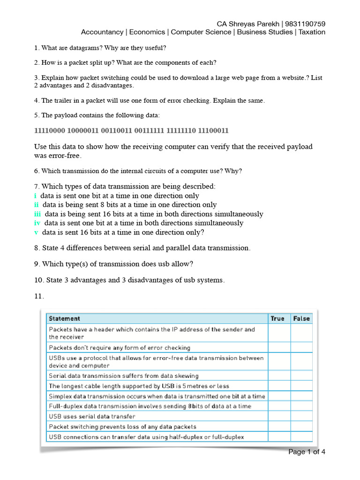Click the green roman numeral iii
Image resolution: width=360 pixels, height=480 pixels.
coord(37,214)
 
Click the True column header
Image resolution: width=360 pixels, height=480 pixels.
coord(277,318)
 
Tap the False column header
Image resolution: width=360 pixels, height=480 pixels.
coord(301,318)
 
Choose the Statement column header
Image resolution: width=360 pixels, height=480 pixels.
coord(64,318)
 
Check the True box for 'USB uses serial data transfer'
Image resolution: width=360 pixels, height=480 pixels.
coord(279,416)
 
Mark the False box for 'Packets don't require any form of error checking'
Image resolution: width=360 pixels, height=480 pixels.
coord(301,348)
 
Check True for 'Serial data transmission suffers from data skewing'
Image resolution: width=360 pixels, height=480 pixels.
coord(279,375)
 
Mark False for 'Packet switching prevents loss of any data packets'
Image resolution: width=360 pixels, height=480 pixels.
coord(301,427)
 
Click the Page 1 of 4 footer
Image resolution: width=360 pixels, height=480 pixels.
coord(307,452)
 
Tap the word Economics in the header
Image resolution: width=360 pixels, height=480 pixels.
coord(147,32)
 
